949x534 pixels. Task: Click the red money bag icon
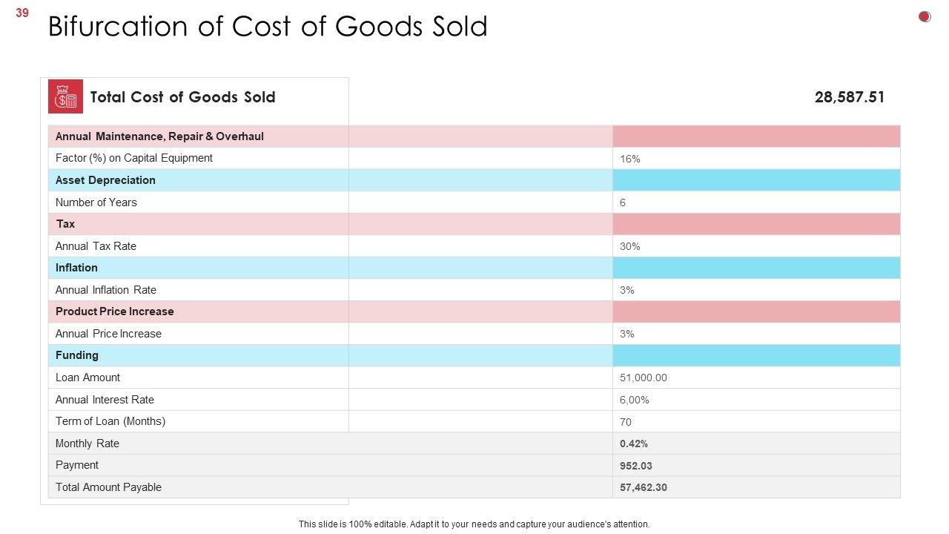[65, 96]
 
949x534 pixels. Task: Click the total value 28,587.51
[849, 97]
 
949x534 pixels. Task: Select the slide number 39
[22, 13]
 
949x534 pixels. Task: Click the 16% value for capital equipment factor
[629, 159]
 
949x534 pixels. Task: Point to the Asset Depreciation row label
[105, 180]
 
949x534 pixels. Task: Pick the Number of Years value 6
[623, 202]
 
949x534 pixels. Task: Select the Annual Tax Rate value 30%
[629, 246]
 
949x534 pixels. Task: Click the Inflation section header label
[76, 268]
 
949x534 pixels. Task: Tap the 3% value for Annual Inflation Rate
[626, 290]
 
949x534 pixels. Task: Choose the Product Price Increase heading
[114, 311]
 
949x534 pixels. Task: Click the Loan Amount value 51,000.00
[643, 378]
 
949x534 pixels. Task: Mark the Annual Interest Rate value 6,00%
[634, 400]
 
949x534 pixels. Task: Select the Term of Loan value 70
[625, 422]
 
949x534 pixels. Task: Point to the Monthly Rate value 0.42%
[633, 444]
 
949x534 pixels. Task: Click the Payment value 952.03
[635, 466]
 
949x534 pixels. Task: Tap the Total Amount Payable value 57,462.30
[643, 487]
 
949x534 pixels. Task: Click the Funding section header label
[76, 355]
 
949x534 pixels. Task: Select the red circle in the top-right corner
[925, 16]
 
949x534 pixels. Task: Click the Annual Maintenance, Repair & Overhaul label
[159, 136]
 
